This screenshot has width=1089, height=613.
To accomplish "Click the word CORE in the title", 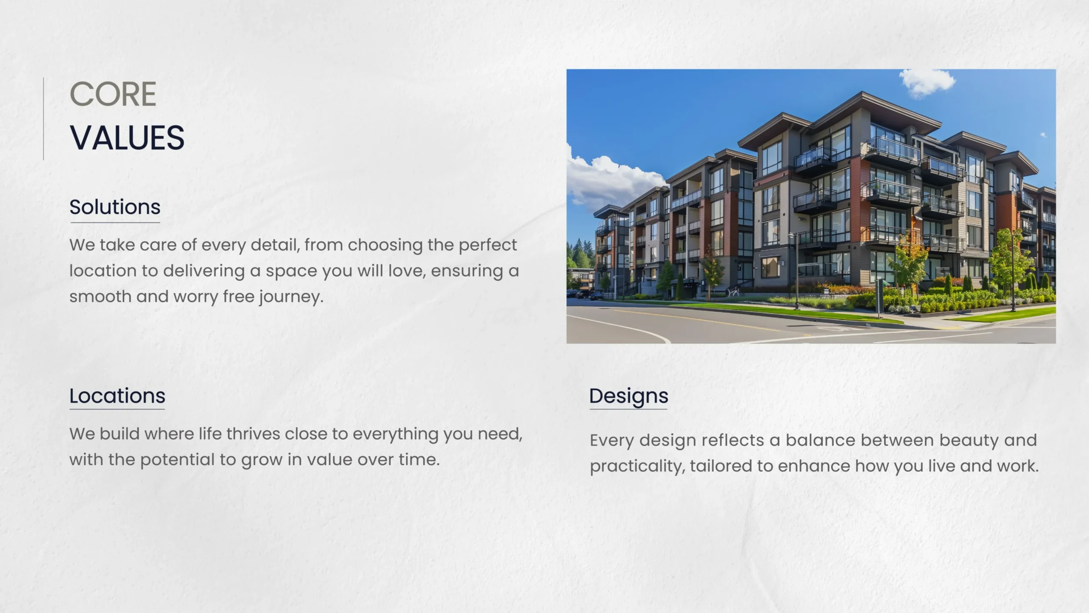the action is (113, 94).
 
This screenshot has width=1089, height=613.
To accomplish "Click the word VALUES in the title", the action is (127, 138).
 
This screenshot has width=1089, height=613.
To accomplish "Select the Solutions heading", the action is (115, 207).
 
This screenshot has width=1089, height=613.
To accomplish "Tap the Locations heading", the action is (117, 396).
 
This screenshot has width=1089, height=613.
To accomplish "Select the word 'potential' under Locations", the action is (177, 460).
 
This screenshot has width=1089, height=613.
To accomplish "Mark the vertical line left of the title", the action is (43, 119).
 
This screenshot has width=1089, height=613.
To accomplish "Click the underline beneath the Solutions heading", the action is (115, 223).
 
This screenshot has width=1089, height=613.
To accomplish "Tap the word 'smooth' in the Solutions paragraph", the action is (100, 296).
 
